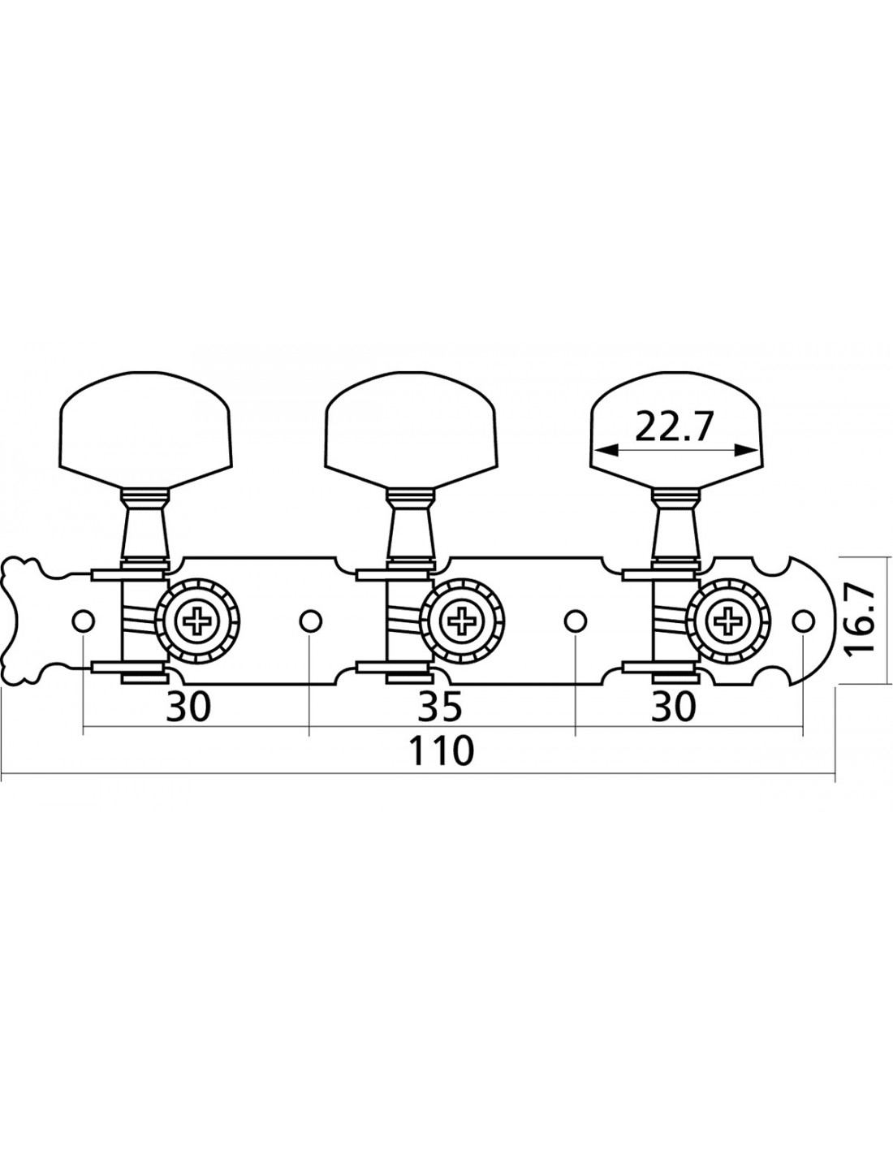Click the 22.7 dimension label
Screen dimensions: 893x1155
point(672,426)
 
